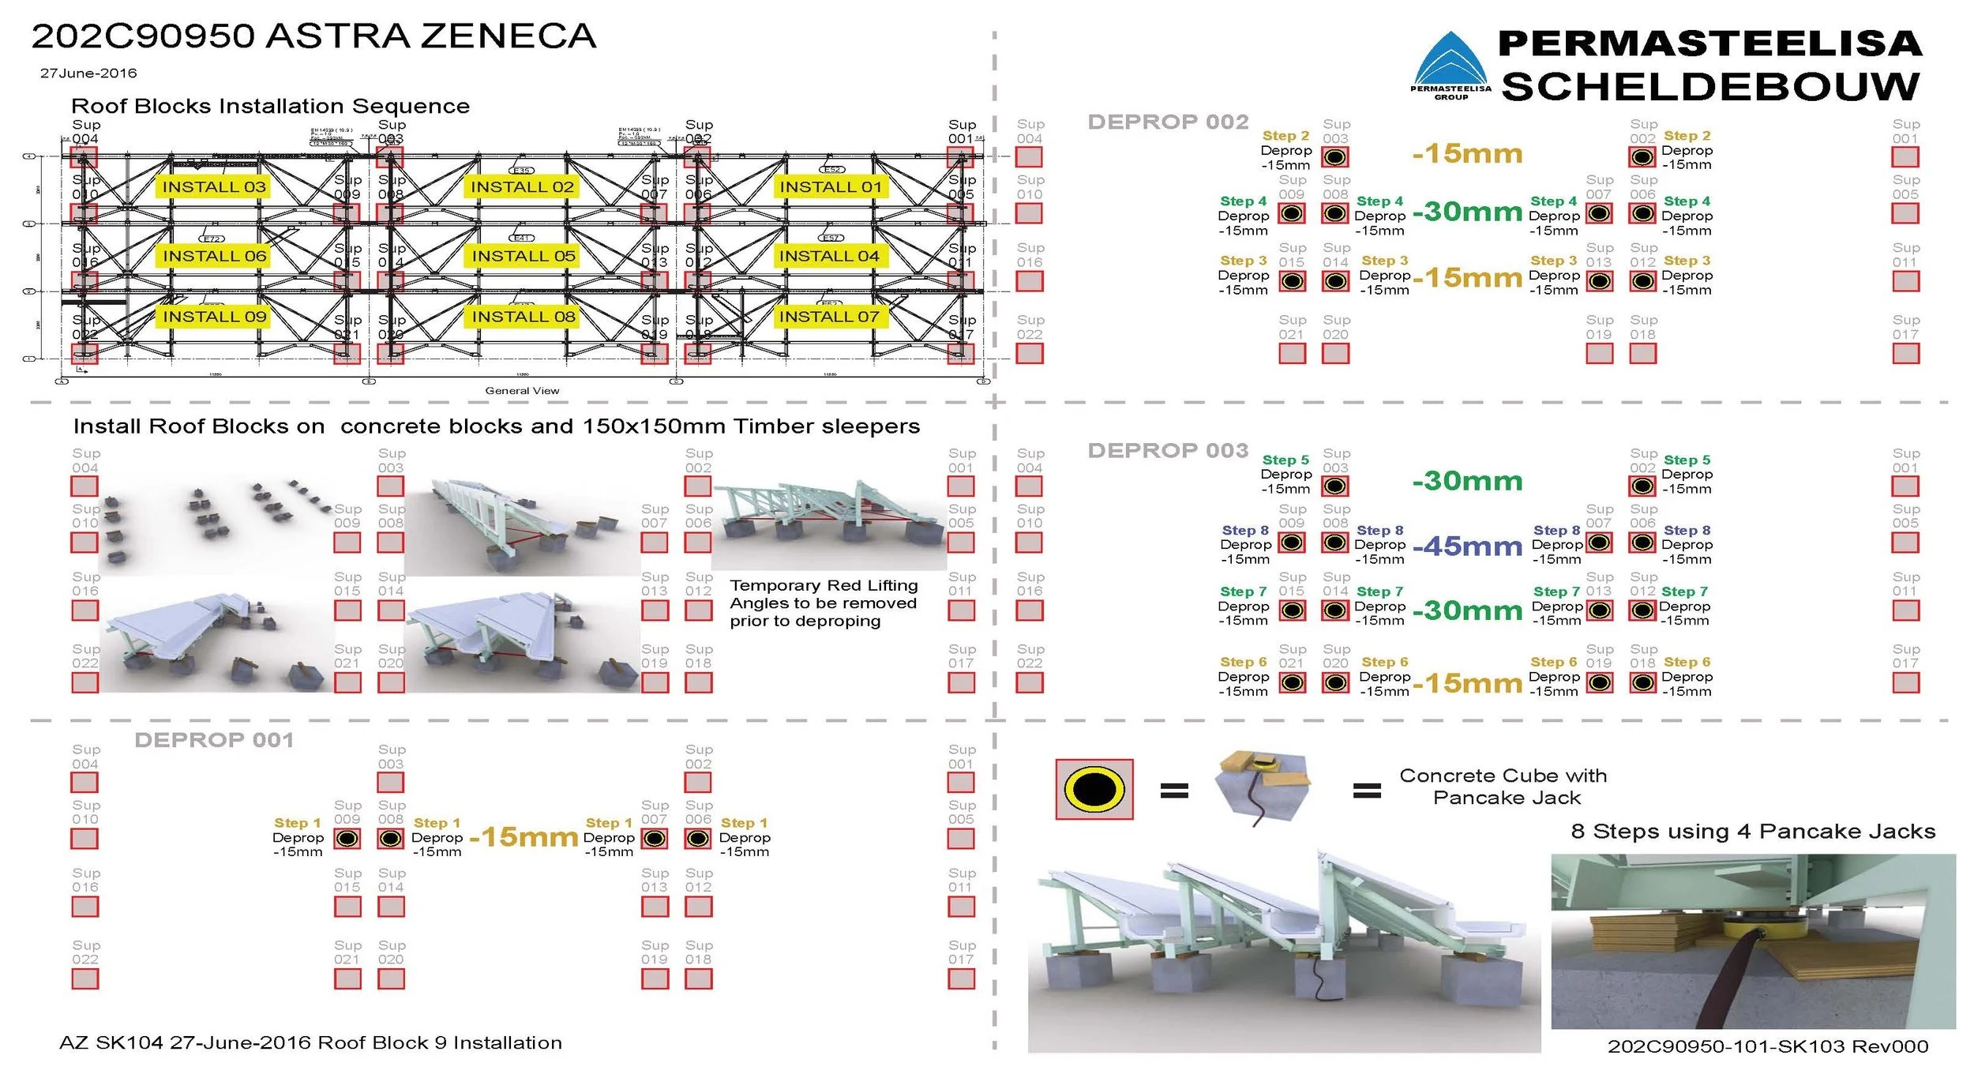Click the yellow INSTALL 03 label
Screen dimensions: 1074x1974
pos(214,187)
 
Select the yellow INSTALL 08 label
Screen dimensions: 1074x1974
pos(523,317)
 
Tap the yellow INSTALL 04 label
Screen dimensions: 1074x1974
pos(829,256)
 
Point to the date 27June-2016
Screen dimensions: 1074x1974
pos(88,73)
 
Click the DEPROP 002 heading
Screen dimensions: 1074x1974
pos(1168,122)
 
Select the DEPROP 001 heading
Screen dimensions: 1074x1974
pos(214,740)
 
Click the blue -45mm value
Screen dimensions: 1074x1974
pos(1467,546)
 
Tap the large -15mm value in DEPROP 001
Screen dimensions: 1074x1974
pos(524,836)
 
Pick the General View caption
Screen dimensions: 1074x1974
pos(522,391)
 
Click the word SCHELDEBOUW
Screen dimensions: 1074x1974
pos(1710,87)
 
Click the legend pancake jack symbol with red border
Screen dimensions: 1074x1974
pos(1094,789)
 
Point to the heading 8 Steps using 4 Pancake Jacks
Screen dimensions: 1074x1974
pos(1753,832)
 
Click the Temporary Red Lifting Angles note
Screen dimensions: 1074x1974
pos(824,603)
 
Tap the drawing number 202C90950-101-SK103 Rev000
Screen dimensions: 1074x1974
pos(1767,1046)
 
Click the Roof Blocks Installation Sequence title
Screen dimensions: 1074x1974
pos(270,107)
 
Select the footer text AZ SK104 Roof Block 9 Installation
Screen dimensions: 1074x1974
pos(310,1043)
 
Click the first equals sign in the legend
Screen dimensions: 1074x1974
pos(1174,790)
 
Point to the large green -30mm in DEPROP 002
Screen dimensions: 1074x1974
pos(1467,212)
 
